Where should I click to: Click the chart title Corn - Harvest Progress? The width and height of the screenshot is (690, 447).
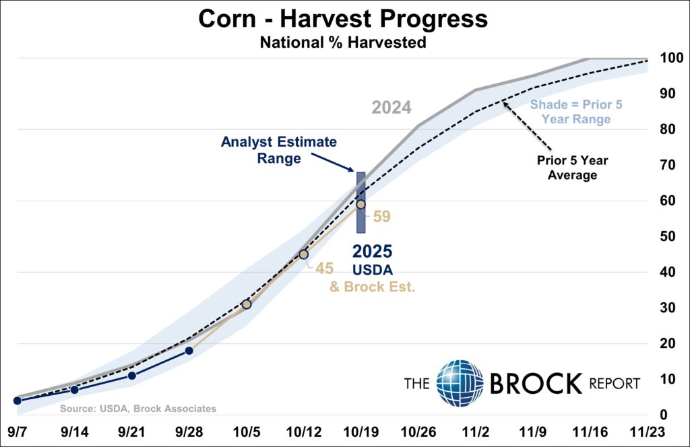click(342, 19)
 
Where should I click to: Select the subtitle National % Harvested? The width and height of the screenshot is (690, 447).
click(342, 42)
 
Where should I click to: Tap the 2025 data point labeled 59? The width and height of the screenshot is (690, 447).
click(360, 204)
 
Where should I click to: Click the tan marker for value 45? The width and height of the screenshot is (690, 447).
click(303, 254)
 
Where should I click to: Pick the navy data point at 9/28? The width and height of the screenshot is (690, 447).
click(189, 351)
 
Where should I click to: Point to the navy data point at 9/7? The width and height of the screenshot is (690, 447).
click(17, 401)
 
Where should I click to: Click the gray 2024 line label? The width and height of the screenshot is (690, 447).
click(391, 108)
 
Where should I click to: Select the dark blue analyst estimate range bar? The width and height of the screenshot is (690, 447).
click(360, 202)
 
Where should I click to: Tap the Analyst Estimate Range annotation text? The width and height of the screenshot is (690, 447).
click(278, 151)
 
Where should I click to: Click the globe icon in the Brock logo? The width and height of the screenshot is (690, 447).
click(460, 384)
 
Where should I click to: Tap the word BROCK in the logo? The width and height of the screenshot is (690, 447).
click(535, 384)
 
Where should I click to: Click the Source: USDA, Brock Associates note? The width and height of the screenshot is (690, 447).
click(138, 409)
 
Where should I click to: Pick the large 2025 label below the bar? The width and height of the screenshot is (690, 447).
click(373, 252)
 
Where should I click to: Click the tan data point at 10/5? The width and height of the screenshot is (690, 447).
click(246, 304)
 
